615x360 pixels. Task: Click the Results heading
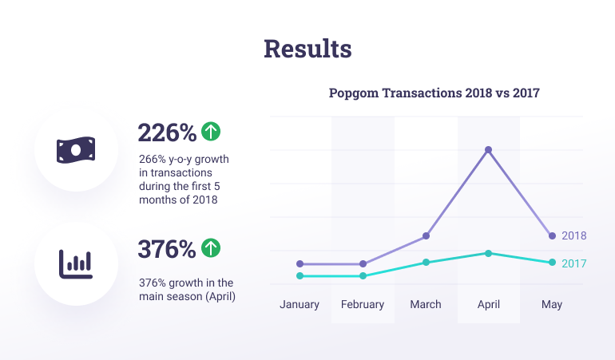coord(307,49)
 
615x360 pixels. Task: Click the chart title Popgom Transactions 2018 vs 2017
coord(434,93)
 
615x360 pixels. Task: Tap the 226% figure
coord(167,132)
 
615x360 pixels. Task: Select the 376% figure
coord(167,249)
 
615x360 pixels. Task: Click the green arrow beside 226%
coord(211,130)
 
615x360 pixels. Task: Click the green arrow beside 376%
coord(211,248)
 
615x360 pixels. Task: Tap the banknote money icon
coord(75,149)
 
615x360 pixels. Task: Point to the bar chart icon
coord(75,263)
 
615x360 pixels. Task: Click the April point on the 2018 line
coord(489,150)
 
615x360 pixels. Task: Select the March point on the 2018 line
coord(426,236)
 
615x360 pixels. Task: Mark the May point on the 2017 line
coord(552,263)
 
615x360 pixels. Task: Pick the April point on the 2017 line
coord(489,253)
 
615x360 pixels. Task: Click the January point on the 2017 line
coord(300,276)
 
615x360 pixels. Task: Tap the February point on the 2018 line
coord(363,263)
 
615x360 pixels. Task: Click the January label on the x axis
coord(300,304)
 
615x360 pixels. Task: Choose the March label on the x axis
coord(426,304)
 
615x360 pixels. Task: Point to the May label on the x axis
coord(552,304)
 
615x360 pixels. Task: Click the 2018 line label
coord(574,236)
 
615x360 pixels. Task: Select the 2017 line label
coord(574,263)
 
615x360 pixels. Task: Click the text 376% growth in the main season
coord(185,289)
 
